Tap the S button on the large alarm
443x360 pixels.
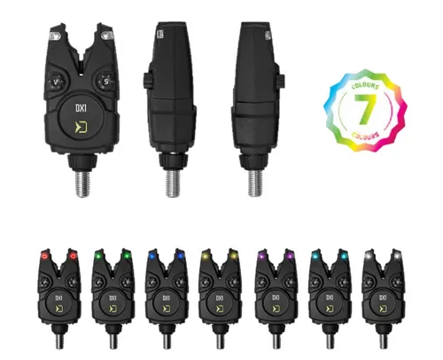click(107, 82)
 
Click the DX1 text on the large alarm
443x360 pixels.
click(81, 113)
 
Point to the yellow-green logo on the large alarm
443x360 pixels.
click(81, 134)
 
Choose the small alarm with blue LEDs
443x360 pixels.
click(166, 288)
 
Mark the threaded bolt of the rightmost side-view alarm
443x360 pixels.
click(258, 181)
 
